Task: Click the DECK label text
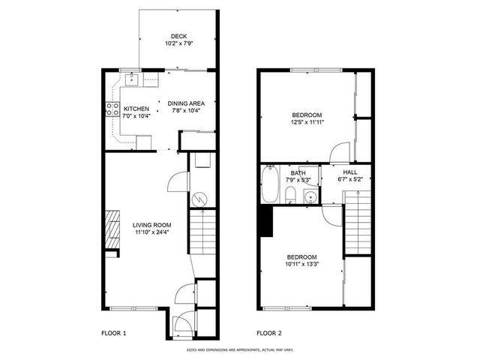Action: point(178,36)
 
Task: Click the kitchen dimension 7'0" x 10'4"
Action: point(137,115)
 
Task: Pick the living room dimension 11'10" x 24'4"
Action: point(151,232)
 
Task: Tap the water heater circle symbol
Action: point(200,199)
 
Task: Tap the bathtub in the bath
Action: point(269,185)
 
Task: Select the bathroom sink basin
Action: point(309,197)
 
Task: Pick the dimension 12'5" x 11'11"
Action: point(307,122)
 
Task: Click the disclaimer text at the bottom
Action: point(239,349)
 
